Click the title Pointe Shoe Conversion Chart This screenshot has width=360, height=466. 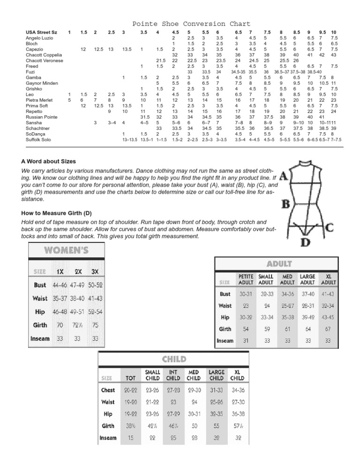191,24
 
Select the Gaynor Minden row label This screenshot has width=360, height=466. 42,83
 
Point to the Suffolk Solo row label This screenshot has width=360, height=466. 39,139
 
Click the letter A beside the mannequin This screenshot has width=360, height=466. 283,176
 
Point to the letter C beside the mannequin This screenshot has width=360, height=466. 330,228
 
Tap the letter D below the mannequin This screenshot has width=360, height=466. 305,242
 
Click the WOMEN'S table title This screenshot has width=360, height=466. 66,250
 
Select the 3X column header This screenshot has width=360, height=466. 95,271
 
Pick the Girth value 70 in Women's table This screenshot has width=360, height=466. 60,324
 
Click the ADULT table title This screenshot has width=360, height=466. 279,263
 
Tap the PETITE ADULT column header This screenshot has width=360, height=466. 246,279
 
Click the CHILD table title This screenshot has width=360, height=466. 174,360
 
